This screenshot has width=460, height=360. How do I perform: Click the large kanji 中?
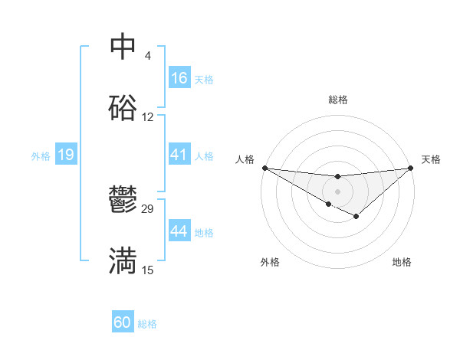[123, 47]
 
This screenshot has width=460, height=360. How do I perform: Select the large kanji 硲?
[123, 109]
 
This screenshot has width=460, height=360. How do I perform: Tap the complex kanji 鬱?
[123, 201]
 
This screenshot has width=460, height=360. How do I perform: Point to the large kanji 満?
[123, 261]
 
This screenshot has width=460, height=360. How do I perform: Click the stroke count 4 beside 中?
[147, 56]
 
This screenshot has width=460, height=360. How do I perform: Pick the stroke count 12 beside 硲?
[148, 117]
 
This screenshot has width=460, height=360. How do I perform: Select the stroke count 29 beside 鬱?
[148, 209]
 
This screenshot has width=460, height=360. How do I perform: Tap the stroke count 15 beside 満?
[148, 270]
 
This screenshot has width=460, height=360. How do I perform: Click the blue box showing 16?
[179, 78]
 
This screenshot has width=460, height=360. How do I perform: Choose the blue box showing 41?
[179, 155]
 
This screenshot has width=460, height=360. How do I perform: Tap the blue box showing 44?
[179, 231]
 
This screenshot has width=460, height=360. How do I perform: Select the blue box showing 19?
[66, 155]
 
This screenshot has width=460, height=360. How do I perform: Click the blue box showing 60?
[123, 322]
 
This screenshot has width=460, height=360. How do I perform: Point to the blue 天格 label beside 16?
[204, 79]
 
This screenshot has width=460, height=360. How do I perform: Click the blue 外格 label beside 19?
[41, 155]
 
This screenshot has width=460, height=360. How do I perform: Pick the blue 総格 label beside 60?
[147, 324]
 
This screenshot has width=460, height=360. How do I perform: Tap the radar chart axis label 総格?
[337, 100]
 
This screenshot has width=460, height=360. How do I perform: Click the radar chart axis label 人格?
[245, 159]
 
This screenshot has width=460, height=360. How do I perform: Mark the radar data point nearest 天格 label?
[411, 168]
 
